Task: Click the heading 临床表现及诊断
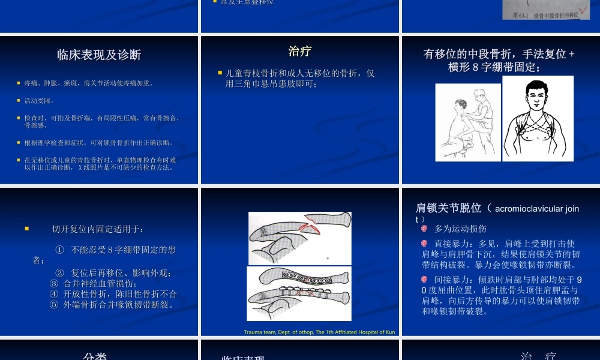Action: pyautogui.click(x=99, y=55)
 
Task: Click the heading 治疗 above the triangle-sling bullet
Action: pyautogui.click(x=299, y=52)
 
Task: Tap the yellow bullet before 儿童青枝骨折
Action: pyautogui.click(x=220, y=73)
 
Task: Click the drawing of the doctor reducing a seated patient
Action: pyautogui.click(x=467, y=122)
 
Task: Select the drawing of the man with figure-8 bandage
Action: pyautogui.click(x=538, y=119)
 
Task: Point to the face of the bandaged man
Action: pyautogui.click(x=537, y=94)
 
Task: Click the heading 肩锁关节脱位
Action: pyautogui.click(x=449, y=208)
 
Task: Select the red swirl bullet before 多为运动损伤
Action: pyautogui.click(x=424, y=229)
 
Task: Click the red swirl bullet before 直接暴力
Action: pyautogui.click(x=424, y=244)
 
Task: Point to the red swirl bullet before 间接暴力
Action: pyautogui.click(x=424, y=280)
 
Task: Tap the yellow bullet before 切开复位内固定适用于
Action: pyautogui.click(x=26, y=229)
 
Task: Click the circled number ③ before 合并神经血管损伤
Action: pyautogui.click(x=54, y=283)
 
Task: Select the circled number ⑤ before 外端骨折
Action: pyautogui.click(x=54, y=304)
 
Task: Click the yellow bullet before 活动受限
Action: pyautogui.click(x=19, y=100)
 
